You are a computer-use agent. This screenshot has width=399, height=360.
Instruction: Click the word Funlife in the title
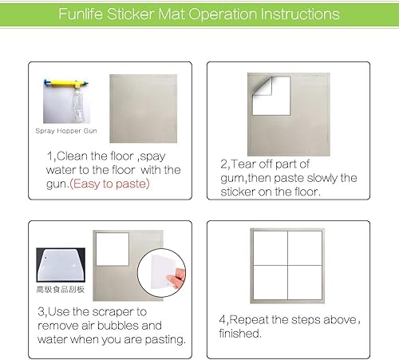click(x=85, y=15)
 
